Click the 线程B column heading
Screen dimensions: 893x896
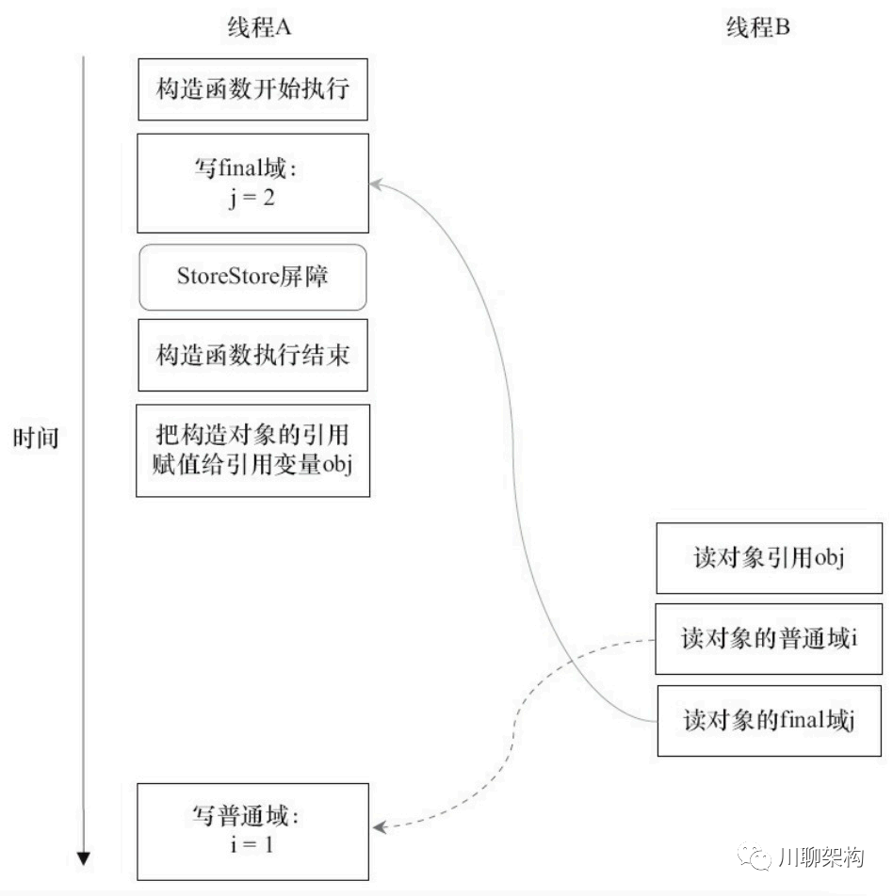click(757, 27)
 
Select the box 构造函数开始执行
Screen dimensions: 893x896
click(252, 89)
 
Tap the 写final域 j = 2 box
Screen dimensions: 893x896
click(252, 183)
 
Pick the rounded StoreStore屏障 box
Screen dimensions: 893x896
click(252, 278)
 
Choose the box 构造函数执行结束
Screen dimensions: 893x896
click(252, 355)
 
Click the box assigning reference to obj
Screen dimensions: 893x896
click(252, 450)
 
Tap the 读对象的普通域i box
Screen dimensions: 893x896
click(768, 639)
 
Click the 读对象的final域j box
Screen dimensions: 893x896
click(768, 721)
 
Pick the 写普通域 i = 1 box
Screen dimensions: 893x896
click(252, 831)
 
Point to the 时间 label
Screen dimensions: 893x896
click(36, 438)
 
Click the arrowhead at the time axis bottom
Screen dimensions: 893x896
click(84, 857)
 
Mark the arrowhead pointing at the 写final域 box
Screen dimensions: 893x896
click(376, 183)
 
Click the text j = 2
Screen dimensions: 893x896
click(252, 199)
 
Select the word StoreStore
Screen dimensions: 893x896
click(227, 277)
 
